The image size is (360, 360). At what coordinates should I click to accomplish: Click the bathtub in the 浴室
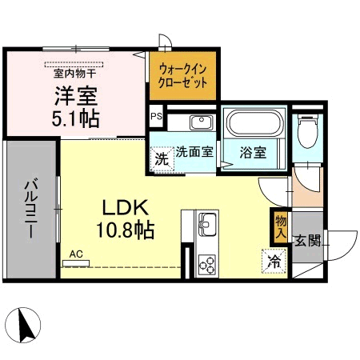(x=254, y=123)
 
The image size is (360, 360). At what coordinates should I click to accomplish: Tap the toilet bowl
(x=308, y=131)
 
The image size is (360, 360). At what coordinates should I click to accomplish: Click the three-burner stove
(x=207, y=265)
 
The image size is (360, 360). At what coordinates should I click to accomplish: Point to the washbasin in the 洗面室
(x=202, y=122)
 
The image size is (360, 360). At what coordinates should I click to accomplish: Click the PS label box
(x=156, y=117)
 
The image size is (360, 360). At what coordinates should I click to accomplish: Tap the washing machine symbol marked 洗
(x=162, y=159)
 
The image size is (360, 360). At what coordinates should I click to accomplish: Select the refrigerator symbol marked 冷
(x=274, y=261)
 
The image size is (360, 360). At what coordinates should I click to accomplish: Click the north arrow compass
(x=23, y=325)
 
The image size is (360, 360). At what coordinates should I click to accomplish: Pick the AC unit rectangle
(x=76, y=263)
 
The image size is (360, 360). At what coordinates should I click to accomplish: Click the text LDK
(x=126, y=208)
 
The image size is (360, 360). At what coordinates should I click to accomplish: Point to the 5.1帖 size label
(x=76, y=118)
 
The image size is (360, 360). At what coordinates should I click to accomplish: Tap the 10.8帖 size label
(x=126, y=230)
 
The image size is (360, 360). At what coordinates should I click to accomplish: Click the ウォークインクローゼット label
(x=182, y=76)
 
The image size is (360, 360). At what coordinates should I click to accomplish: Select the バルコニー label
(x=31, y=209)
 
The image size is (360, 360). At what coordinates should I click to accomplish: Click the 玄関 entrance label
(x=308, y=241)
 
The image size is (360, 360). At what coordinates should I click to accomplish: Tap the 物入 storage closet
(x=281, y=227)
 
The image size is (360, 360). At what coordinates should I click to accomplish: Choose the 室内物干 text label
(x=75, y=74)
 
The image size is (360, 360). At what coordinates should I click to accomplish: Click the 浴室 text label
(x=253, y=152)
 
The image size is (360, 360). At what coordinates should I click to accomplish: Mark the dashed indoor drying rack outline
(x=74, y=65)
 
